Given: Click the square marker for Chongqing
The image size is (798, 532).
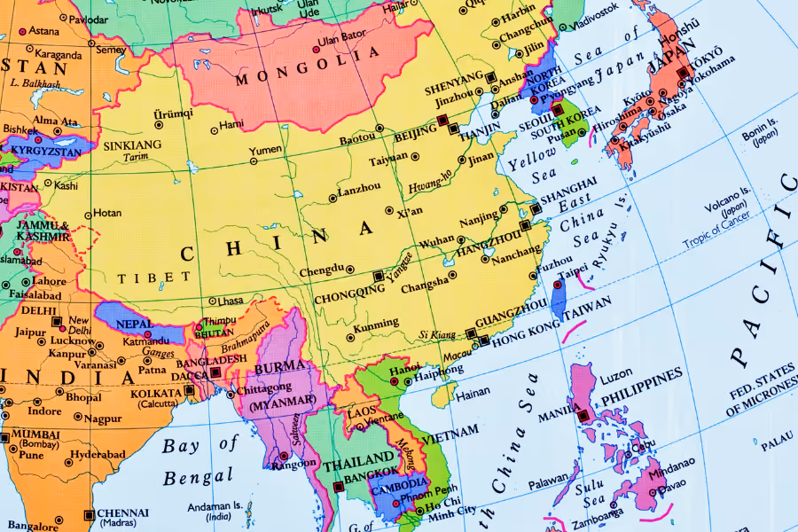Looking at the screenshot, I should [379, 276].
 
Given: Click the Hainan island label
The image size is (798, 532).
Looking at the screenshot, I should [473, 390].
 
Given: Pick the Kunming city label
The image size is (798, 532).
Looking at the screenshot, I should [376, 325].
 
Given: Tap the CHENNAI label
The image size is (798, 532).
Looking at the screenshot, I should [123, 512].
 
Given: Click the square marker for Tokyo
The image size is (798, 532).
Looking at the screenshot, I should [682, 74].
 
